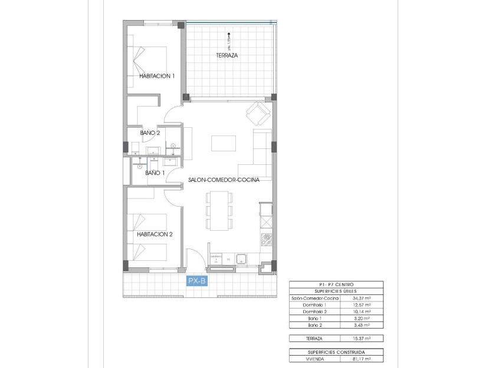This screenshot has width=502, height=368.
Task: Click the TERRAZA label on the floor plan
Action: pyautogui.click(x=227, y=55)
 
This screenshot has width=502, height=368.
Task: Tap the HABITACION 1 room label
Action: pyautogui.click(x=157, y=76)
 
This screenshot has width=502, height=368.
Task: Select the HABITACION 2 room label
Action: pyautogui.click(x=155, y=234)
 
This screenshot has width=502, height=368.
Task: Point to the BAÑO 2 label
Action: pyautogui.click(x=150, y=133)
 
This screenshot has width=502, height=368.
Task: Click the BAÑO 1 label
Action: pyautogui.click(x=155, y=173)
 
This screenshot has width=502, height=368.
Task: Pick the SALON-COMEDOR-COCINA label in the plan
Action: pyautogui.click(x=224, y=180)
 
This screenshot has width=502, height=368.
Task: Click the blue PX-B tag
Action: pyautogui.click(x=196, y=281)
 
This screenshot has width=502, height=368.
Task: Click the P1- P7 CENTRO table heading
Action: pyautogui.click(x=336, y=284)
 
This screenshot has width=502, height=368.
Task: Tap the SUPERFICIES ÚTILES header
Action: pyautogui.click(x=336, y=291)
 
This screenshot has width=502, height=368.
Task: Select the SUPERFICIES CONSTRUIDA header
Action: pyautogui.click(x=336, y=352)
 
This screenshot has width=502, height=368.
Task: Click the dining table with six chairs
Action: pyautogui.click(x=218, y=210)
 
